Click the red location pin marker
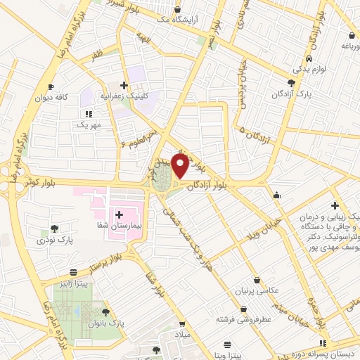tap(180, 166)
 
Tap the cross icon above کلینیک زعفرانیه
tap(124, 85)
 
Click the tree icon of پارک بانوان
tap(105, 311)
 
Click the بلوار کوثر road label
tap(34, 181)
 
